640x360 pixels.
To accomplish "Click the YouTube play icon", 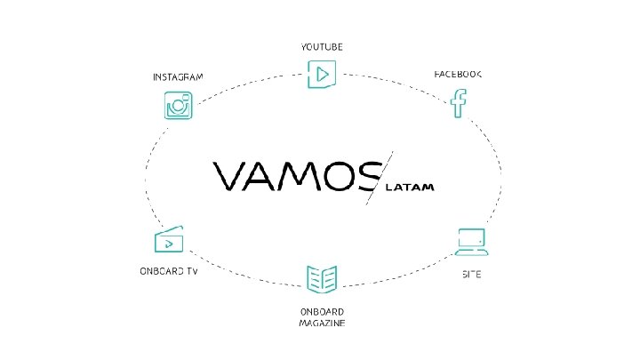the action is [x=321, y=74].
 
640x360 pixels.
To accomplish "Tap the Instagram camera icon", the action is [x=179, y=105].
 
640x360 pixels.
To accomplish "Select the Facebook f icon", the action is [x=459, y=103].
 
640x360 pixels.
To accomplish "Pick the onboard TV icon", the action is [x=169, y=240].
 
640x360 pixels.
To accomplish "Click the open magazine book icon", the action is [x=321, y=279].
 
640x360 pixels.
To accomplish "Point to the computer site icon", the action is [x=471, y=241].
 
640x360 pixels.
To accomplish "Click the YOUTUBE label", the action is [x=322, y=45].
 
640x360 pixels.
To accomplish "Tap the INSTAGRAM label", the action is [x=178, y=76].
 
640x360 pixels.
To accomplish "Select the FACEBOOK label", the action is [x=458, y=75].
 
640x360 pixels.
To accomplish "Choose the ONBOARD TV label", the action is [x=168, y=271].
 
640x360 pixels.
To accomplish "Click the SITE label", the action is [x=471, y=274].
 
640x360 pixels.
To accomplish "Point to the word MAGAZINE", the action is [x=322, y=323].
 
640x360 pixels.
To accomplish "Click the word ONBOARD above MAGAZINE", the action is [x=322, y=312].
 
